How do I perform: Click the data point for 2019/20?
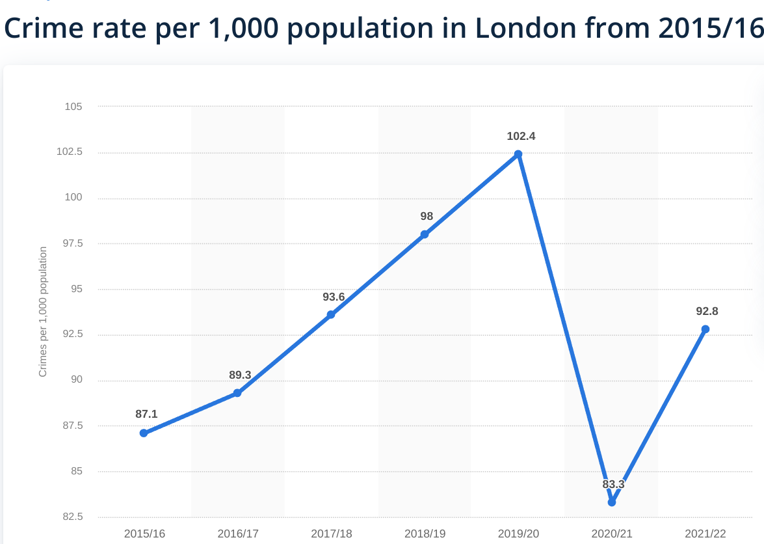[518, 154]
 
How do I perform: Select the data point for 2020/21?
[612, 502]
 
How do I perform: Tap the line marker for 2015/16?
[144, 433]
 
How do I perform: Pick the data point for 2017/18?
[331, 315]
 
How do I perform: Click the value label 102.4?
[521, 137]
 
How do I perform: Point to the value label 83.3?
[613, 485]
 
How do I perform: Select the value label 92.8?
[707, 311]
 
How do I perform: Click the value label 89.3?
[240, 375]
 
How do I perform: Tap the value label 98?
[427, 217]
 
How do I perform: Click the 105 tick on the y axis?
[73, 107]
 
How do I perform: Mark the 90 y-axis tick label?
[76, 380]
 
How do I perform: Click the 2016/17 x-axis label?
[238, 534]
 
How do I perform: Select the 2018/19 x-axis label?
[425, 534]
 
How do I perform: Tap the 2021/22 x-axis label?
[705, 534]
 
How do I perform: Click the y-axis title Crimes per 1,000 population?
[43, 312]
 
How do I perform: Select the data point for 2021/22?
[705, 329]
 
